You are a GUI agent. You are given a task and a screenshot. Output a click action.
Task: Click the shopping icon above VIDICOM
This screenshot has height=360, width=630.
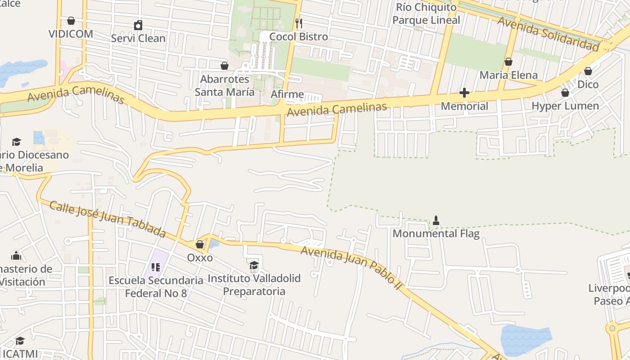pyautogui.click(x=71, y=21)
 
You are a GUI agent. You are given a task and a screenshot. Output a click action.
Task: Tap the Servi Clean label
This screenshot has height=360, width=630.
pyautogui.click(x=138, y=38)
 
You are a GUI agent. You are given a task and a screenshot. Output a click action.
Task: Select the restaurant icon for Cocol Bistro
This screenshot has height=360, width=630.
pyautogui.click(x=298, y=22)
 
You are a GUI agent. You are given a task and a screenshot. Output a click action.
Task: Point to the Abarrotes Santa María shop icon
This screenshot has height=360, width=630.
pyautogui.click(x=224, y=66)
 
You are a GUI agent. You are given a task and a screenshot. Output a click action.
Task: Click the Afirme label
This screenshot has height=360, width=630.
pyautogui.click(x=287, y=95)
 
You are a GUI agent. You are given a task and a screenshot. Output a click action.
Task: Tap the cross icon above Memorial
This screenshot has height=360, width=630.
pyautogui.click(x=464, y=93)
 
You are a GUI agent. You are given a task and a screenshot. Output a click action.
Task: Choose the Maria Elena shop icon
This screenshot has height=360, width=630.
pyautogui.click(x=508, y=62)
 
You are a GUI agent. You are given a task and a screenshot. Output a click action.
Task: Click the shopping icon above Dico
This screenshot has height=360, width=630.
pyautogui.click(x=588, y=71)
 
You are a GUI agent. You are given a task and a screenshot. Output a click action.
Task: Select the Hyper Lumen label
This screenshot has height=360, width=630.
pyautogui.click(x=565, y=106)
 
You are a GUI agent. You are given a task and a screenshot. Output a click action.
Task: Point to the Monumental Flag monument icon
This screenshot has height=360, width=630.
pyautogui.click(x=436, y=220)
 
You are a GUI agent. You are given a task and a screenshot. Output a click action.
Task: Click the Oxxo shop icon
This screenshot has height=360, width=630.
pyautogui.click(x=200, y=245)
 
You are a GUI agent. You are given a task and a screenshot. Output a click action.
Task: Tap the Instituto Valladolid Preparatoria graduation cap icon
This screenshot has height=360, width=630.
pyautogui.click(x=254, y=265)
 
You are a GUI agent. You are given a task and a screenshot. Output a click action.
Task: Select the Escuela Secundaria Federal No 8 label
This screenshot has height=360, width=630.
pyautogui.click(x=156, y=287)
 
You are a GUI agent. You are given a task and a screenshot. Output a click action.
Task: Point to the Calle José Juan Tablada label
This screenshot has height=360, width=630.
pyautogui.click(x=108, y=219)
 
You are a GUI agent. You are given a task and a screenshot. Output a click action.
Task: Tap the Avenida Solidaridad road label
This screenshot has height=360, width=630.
pyautogui.click(x=549, y=34)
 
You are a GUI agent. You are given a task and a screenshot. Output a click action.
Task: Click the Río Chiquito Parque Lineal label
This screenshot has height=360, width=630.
pyautogui.click(x=426, y=14)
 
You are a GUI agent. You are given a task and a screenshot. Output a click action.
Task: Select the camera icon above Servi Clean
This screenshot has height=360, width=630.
pyautogui.click(x=138, y=25)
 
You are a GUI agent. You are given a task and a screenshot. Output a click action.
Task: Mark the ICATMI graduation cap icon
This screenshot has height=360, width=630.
pyautogui.click(x=20, y=341)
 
